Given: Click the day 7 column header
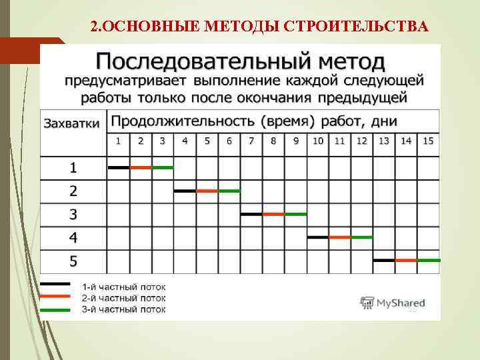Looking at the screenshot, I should [x=251, y=141].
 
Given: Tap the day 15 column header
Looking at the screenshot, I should [x=428, y=141].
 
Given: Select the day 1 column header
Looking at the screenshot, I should [x=118, y=141].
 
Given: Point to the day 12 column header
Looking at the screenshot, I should [x=362, y=141].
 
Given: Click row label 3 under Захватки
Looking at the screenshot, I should [x=73, y=215].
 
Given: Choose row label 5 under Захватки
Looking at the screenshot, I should [x=73, y=261].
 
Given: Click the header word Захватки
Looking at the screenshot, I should [x=72, y=123].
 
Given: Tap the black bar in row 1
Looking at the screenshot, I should [x=118, y=167].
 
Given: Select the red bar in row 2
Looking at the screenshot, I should [x=207, y=191].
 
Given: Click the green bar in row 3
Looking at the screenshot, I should [x=295, y=214].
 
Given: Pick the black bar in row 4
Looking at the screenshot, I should [x=317, y=237].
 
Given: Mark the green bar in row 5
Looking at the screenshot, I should [x=429, y=260].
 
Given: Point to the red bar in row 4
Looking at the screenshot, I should [x=340, y=237].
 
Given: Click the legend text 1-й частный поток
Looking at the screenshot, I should [x=123, y=286].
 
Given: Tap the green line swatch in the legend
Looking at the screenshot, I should [x=57, y=310].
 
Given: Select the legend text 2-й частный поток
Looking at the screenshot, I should [x=123, y=298].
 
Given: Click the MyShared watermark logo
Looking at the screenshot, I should [x=393, y=303].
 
